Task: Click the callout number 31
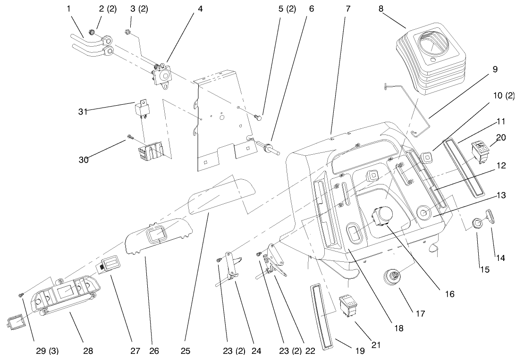coord(83,112)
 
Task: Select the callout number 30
coord(84,160)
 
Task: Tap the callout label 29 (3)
coord(47,351)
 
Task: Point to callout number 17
coord(420,314)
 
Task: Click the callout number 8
coord(381,9)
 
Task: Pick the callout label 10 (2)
coord(504,96)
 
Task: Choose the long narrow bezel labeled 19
coord(321,316)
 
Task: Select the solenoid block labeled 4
coord(163,74)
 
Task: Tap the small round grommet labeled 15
coord(476,223)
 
